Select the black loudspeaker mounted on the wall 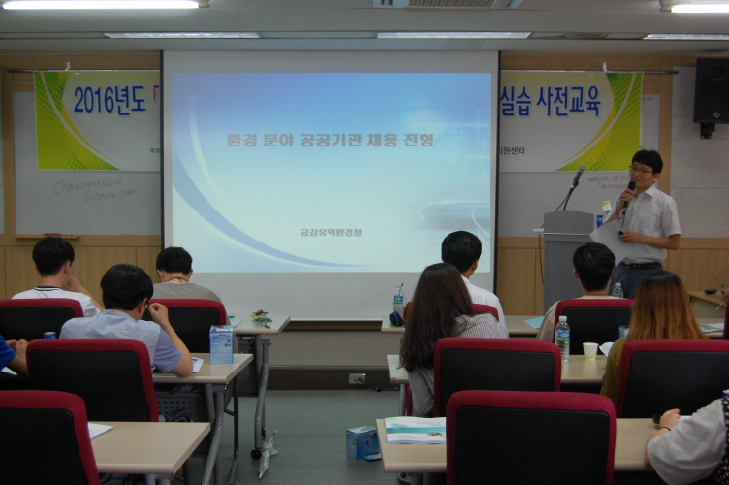pos(711,93)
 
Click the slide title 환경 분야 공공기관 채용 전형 pos(330,140)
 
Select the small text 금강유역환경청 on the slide pos(331,232)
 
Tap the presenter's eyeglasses pos(641,170)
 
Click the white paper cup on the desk pos(589,351)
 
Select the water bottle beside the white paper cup pos(562,338)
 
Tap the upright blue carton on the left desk pos(221,344)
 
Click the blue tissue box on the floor pos(363,442)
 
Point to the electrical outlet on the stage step pos(357,378)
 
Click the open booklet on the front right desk pos(415,430)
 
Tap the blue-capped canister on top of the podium pos(606,210)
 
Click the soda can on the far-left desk pos(48,336)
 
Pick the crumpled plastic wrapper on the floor pos(267,456)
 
